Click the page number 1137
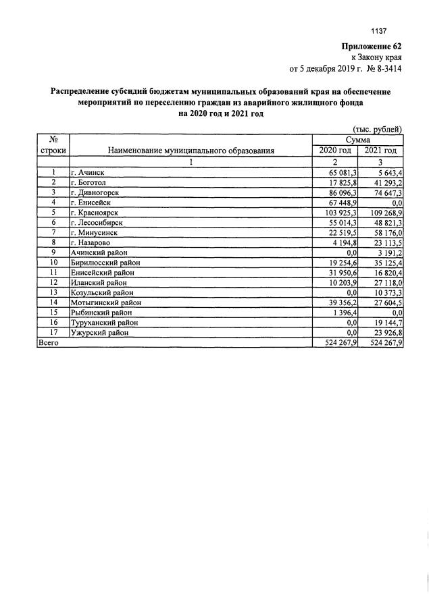click(x=378, y=31)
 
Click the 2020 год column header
click(x=335, y=150)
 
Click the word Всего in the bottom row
click(x=49, y=342)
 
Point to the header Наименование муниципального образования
click(x=191, y=150)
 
